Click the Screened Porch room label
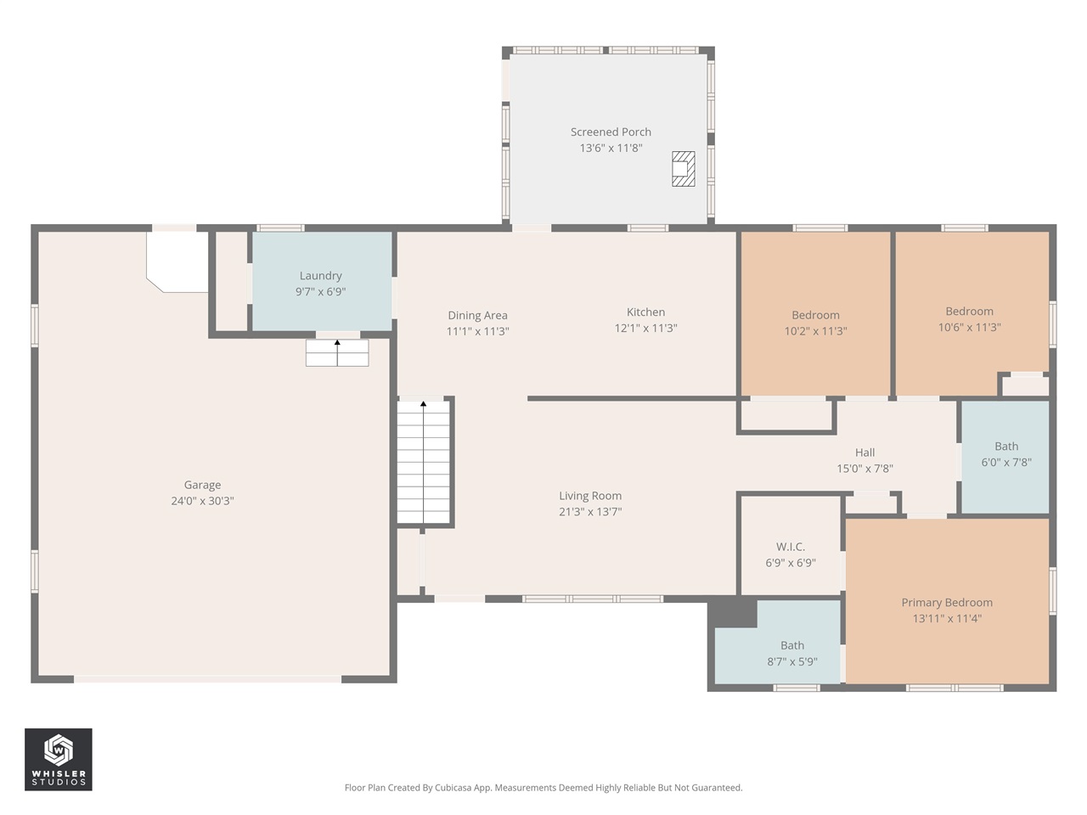tap(611, 132)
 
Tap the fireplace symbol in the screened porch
tap(683, 169)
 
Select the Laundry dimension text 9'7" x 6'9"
tap(320, 292)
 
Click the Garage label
tap(202, 485)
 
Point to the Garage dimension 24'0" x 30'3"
tap(202, 501)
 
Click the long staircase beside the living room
tap(424, 463)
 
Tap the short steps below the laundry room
tap(337, 353)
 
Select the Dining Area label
tap(477, 315)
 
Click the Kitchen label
tap(645, 312)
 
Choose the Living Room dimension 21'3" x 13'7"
tap(590, 512)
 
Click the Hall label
tap(865, 452)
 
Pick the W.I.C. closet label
tap(790, 547)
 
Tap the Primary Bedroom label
tap(947, 602)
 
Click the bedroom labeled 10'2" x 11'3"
tap(815, 323)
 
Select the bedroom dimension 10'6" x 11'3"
tap(969, 328)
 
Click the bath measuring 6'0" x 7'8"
tap(1005, 455)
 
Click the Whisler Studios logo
tap(59, 759)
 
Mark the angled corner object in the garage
tap(177, 262)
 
